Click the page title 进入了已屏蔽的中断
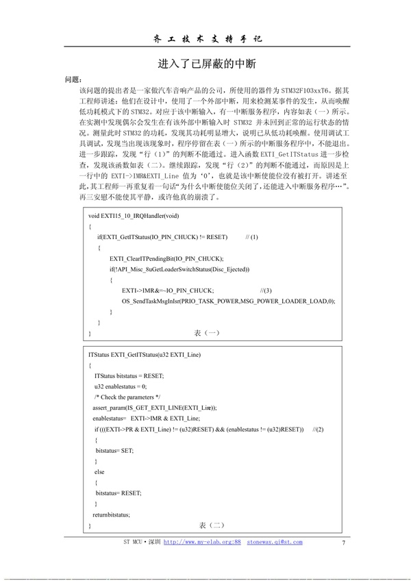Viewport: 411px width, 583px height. tap(206, 64)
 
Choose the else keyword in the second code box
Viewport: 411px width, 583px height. tap(99, 472)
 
